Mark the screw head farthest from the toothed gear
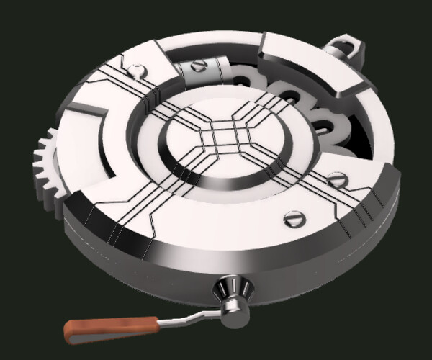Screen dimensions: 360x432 (336, 179)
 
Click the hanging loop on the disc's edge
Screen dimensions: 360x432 (344, 49)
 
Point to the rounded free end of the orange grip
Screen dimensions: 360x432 (68, 332)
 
